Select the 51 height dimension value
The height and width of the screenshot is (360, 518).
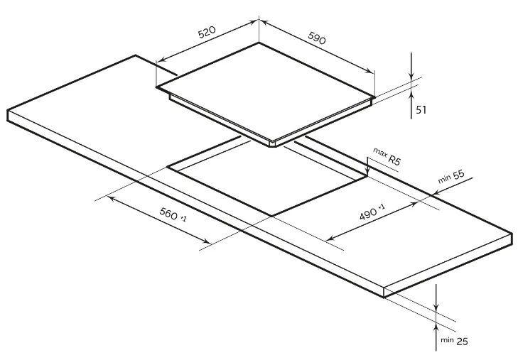421,110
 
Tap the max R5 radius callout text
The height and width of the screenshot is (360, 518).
387,157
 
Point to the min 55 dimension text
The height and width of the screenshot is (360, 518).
450,178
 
